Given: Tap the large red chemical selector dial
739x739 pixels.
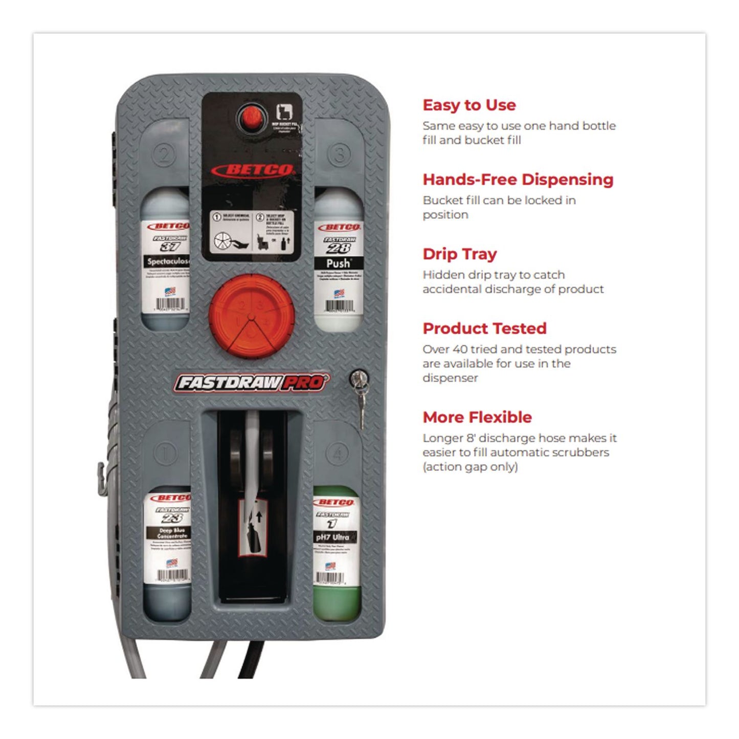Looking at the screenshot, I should pyautogui.click(x=251, y=316).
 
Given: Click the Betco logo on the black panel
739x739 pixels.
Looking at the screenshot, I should pyautogui.click(x=253, y=170).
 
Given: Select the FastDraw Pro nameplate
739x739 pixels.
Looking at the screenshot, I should pyautogui.click(x=251, y=383).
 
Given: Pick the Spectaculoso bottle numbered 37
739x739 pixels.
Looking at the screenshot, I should pyautogui.click(x=166, y=261).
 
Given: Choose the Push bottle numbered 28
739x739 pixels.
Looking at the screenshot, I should pyautogui.click(x=338, y=261).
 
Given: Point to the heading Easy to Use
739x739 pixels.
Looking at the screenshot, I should pyautogui.click(x=469, y=105).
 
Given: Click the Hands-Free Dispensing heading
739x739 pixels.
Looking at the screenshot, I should pyautogui.click(x=518, y=180).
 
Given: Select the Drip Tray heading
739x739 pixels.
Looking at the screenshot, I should pyautogui.click(x=459, y=254).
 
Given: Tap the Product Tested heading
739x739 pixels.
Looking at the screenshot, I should pyautogui.click(x=484, y=328).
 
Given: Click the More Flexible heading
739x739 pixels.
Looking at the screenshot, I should pyautogui.click(x=477, y=417).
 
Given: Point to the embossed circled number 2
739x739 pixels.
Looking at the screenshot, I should pyautogui.click(x=165, y=154).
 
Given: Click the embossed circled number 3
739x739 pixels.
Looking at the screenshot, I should pyautogui.click(x=340, y=154).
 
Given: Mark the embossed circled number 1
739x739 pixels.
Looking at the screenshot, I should pyautogui.click(x=165, y=453).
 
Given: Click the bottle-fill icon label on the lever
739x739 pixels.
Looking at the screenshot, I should pyautogui.click(x=254, y=527).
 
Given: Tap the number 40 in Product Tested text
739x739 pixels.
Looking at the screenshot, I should pyautogui.click(x=460, y=349).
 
